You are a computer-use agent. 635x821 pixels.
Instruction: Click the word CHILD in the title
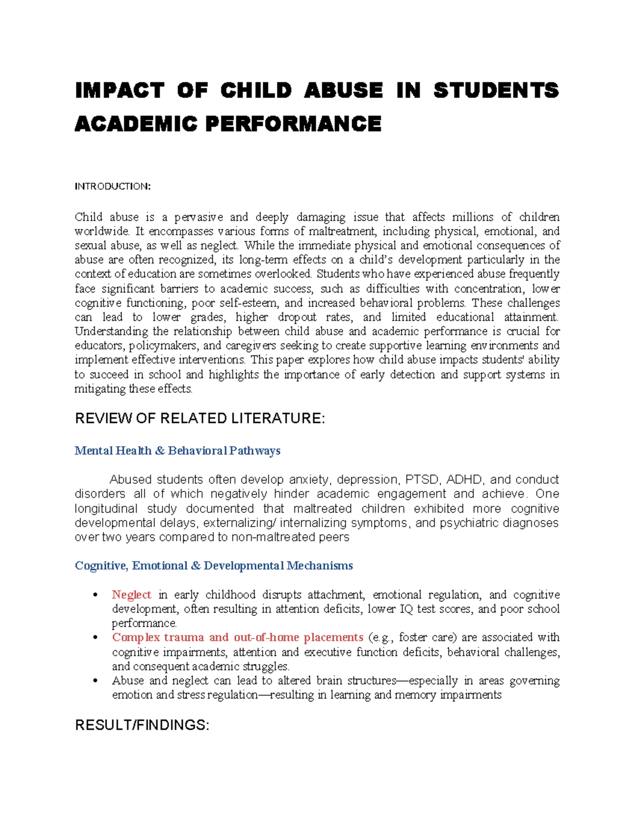(256, 90)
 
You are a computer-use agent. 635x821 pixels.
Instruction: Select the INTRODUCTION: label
(112, 186)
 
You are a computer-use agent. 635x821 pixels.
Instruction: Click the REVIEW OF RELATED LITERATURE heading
(199, 419)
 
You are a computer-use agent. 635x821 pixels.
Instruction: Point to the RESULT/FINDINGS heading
(142, 725)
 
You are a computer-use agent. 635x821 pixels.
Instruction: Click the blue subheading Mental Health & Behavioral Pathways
(177, 451)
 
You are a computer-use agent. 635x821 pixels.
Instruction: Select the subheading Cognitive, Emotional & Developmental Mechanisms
(214, 566)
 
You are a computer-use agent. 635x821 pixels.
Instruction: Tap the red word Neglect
(131, 595)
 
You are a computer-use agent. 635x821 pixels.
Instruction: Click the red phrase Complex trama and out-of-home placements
(237, 638)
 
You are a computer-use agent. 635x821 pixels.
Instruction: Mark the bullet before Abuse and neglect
(96, 681)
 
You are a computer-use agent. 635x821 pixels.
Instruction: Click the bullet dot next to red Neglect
(96, 595)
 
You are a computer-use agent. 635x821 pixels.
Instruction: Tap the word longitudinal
(106, 509)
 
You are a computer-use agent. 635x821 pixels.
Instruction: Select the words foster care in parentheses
(427, 638)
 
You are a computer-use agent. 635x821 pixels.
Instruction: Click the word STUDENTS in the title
(496, 90)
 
